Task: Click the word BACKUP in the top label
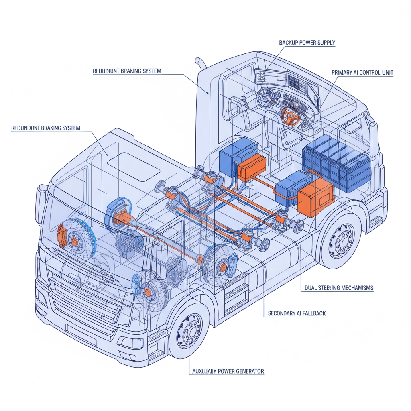[288, 42]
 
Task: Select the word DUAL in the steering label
[307, 288]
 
